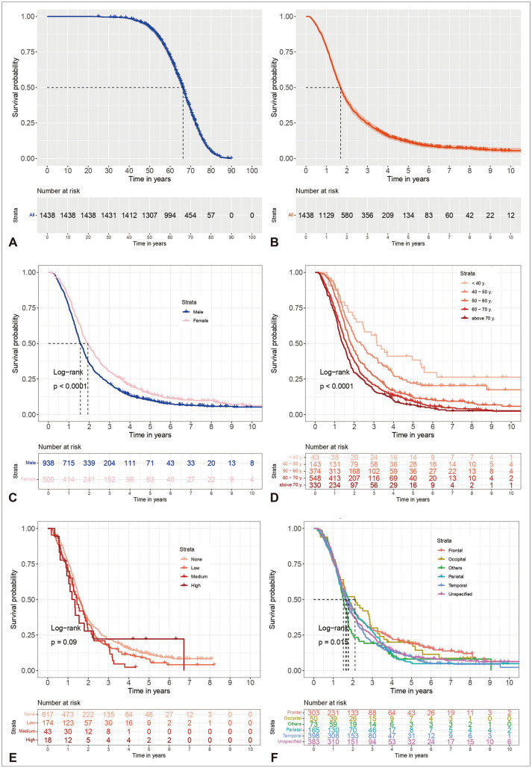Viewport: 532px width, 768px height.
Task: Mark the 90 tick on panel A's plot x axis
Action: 231,169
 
